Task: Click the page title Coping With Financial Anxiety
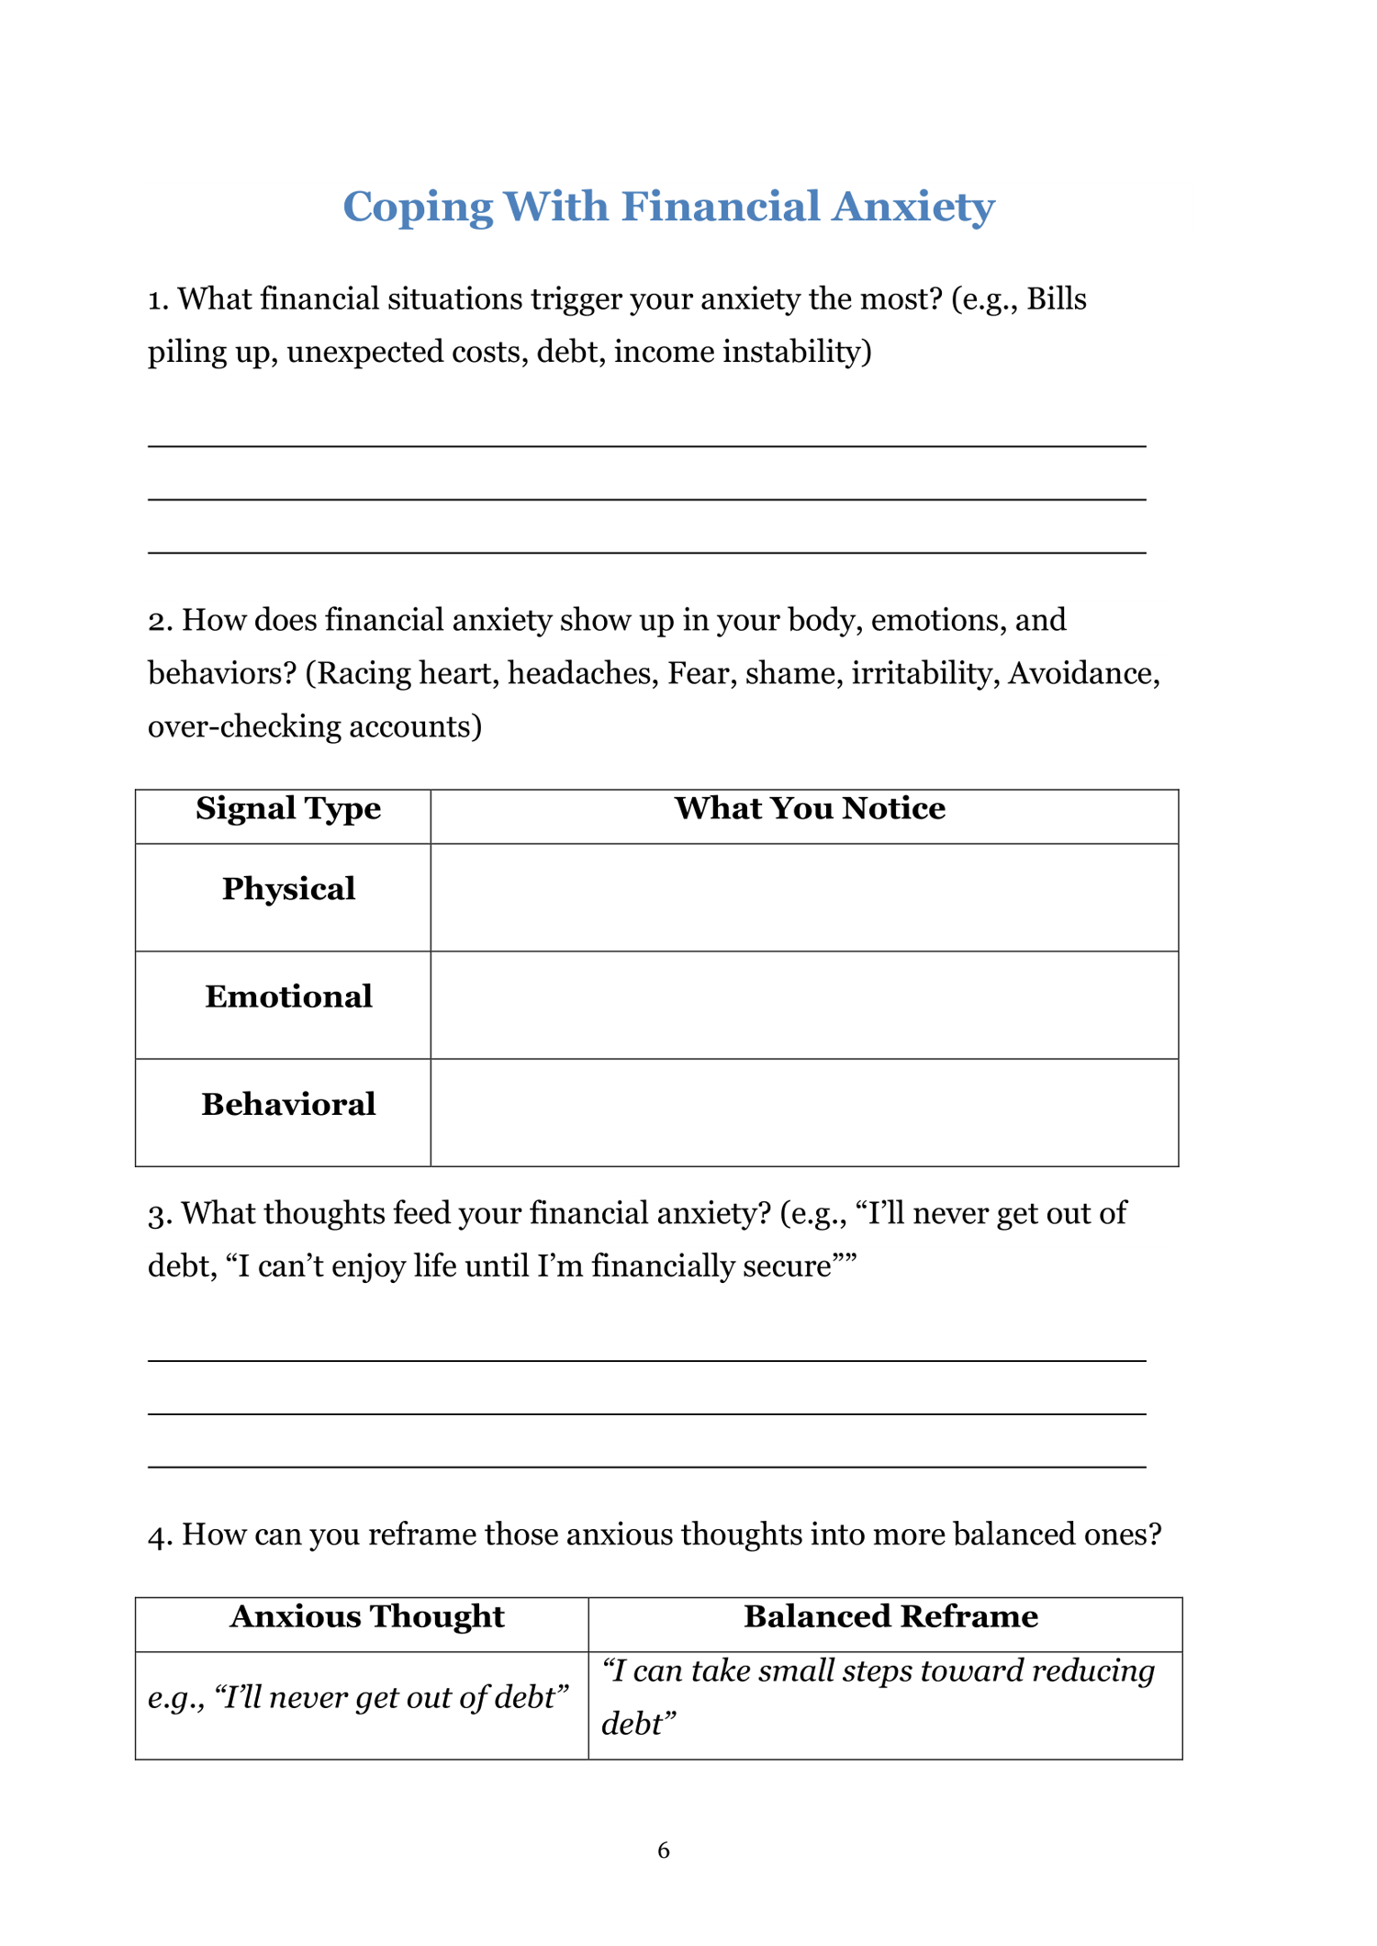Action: click(x=668, y=206)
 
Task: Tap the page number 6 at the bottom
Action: click(x=664, y=1850)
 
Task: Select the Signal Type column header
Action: click(x=288, y=808)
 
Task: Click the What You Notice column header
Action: click(x=810, y=808)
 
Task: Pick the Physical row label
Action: click(x=288, y=889)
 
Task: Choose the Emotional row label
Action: click(x=288, y=996)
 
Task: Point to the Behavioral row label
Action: click(x=288, y=1104)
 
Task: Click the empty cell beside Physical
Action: click(x=804, y=897)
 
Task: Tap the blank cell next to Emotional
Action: click(x=804, y=1005)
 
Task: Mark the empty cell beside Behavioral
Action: click(x=804, y=1112)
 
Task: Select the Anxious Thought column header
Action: click(x=367, y=1616)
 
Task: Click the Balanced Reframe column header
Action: click(x=890, y=1616)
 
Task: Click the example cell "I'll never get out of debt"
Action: click(x=359, y=1697)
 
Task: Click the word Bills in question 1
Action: click(x=1057, y=299)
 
